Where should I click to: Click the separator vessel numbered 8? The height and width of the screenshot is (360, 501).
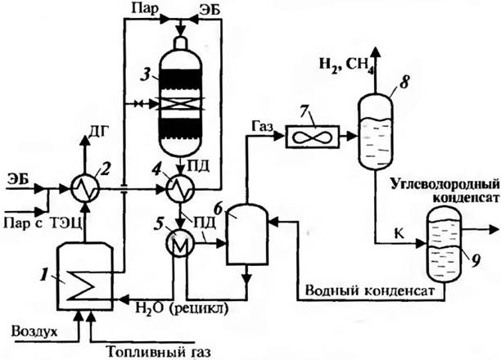[x=377, y=124]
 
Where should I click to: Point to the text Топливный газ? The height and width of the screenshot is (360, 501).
[x=159, y=352]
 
